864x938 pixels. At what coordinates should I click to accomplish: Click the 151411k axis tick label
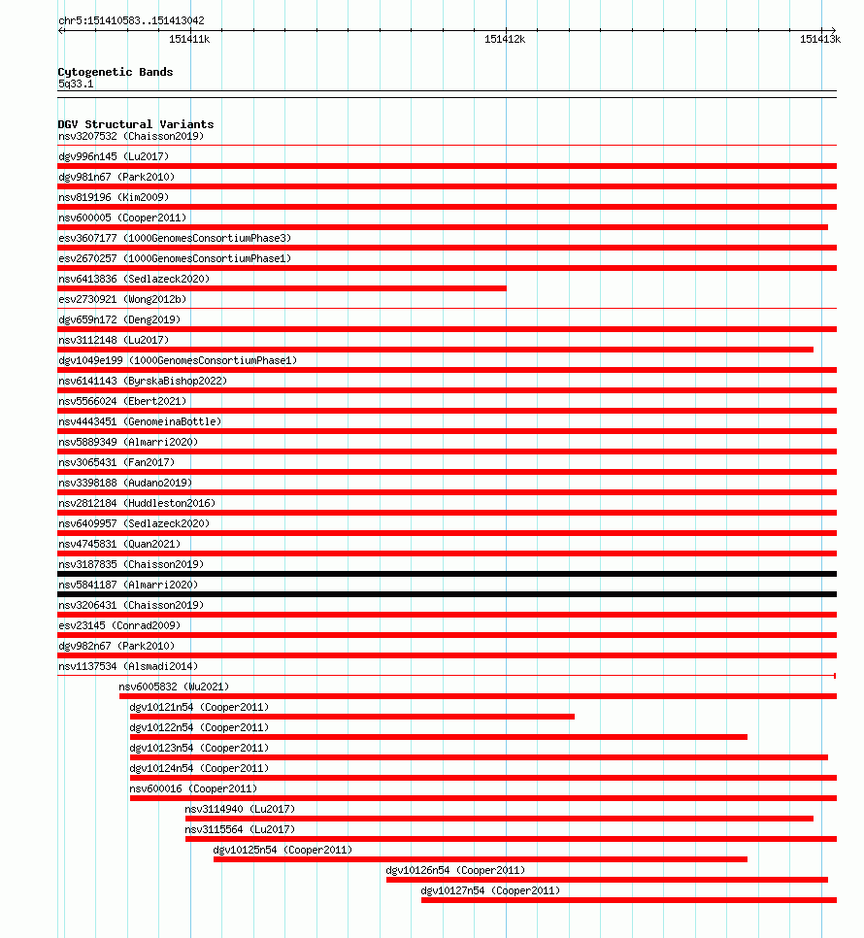click(x=189, y=39)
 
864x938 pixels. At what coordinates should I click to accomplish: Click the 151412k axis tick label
click(x=505, y=39)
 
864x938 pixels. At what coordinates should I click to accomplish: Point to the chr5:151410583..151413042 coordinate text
click(x=131, y=20)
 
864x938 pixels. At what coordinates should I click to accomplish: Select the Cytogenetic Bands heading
click(x=116, y=72)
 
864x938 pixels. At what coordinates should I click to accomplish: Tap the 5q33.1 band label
click(x=76, y=84)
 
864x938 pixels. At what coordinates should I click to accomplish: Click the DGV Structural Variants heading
click(x=136, y=124)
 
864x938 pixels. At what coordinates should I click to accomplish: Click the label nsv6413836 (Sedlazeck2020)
click(x=134, y=279)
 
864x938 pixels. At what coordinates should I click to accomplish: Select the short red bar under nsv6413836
click(x=282, y=288)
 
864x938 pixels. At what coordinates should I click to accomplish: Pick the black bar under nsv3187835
click(x=447, y=574)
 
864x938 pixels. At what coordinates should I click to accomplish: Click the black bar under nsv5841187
click(x=447, y=594)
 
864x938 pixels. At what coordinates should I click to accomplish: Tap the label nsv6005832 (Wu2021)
click(x=175, y=687)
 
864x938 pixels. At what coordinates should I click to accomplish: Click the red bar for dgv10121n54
click(x=351, y=717)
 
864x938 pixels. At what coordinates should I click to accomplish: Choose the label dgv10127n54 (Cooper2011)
click(x=490, y=890)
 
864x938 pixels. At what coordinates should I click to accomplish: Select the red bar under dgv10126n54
click(x=607, y=880)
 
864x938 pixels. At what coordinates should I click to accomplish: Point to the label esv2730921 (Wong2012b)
click(x=122, y=299)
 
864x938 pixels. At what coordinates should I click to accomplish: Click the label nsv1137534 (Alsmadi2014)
click(x=128, y=666)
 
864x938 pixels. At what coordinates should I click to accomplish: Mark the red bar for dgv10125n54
click(x=481, y=859)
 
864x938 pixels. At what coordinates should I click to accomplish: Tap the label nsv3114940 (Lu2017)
click(x=240, y=809)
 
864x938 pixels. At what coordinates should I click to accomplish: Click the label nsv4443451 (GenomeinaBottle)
click(x=140, y=421)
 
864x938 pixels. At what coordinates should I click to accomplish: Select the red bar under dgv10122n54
click(x=439, y=737)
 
